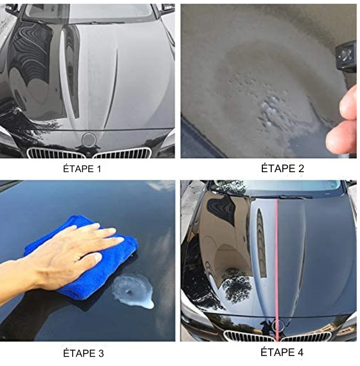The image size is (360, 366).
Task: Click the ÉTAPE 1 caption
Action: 82,169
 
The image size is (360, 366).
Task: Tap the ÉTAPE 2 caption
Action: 282,168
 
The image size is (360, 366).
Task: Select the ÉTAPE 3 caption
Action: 83,353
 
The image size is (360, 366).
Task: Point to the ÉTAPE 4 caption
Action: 282,352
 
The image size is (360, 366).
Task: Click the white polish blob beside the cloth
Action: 133,291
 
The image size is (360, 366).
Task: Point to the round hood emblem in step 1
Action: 89,139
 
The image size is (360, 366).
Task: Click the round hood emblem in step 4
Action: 277,325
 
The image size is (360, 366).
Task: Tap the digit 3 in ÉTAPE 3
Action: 101,353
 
